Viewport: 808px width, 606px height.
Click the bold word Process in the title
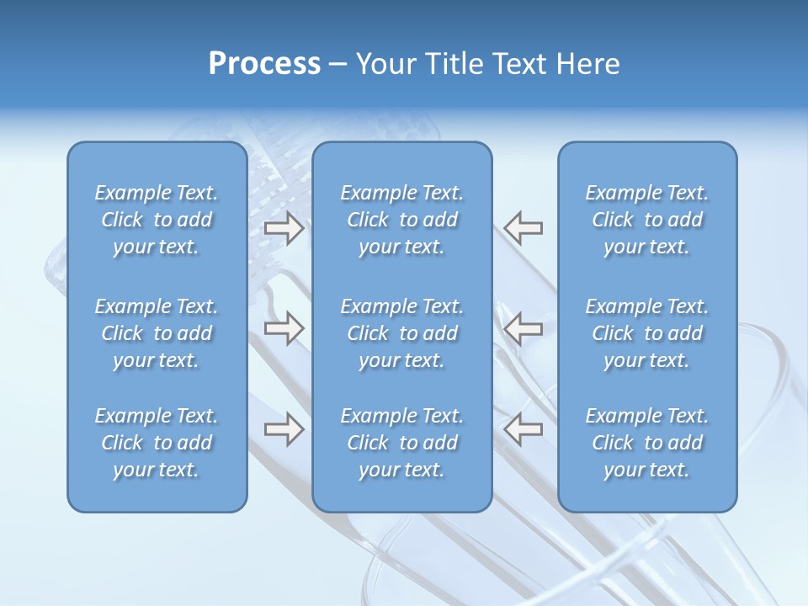[x=264, y=64]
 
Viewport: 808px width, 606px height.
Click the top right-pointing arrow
[x=284, y=228]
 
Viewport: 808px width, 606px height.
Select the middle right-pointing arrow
[x=284, y=328]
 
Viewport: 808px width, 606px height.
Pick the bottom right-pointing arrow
[x=284, y=429]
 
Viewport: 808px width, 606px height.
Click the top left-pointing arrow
[x=523, y=228]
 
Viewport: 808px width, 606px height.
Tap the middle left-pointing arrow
[x=523, y=328]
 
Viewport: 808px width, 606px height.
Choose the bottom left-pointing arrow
[x=523, y=429]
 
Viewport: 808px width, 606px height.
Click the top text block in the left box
[x=157, y=220]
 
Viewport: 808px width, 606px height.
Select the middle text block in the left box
[x=157, y=333]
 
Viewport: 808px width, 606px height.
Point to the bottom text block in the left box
[x=157, y=443]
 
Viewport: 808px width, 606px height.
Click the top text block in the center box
[x=401, y=220]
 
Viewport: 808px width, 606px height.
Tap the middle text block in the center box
[x=401, y=333]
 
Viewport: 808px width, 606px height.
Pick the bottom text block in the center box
[x=401, y=443]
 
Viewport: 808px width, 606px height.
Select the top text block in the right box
[x=646, y=220]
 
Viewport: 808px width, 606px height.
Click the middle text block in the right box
[x=646, y=333]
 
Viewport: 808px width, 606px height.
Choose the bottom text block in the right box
[x=646, y=443]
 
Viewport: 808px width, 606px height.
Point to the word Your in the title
[x=383, y=64]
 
